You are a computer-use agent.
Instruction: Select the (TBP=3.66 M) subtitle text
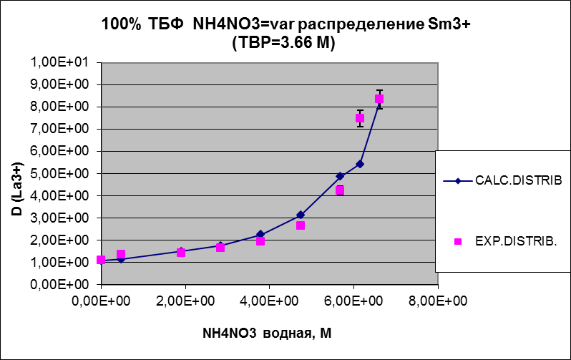(284, 42)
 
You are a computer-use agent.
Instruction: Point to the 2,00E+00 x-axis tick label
(185, 300)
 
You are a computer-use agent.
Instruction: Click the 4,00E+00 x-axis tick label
(270, 300)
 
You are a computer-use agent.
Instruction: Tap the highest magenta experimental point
(379, 99)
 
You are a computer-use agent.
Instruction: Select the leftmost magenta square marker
(102, 260)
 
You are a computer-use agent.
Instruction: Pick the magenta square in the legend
(459, 242)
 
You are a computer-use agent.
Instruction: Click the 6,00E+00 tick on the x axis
(353, 300)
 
